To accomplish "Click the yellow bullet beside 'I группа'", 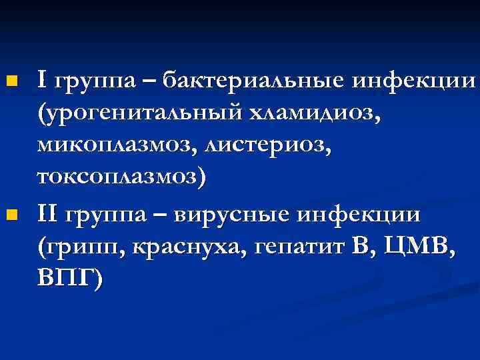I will point(9,81).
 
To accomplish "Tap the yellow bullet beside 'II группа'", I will point(9,215).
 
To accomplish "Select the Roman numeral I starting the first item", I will point(43,81).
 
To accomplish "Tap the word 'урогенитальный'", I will point(140,115).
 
